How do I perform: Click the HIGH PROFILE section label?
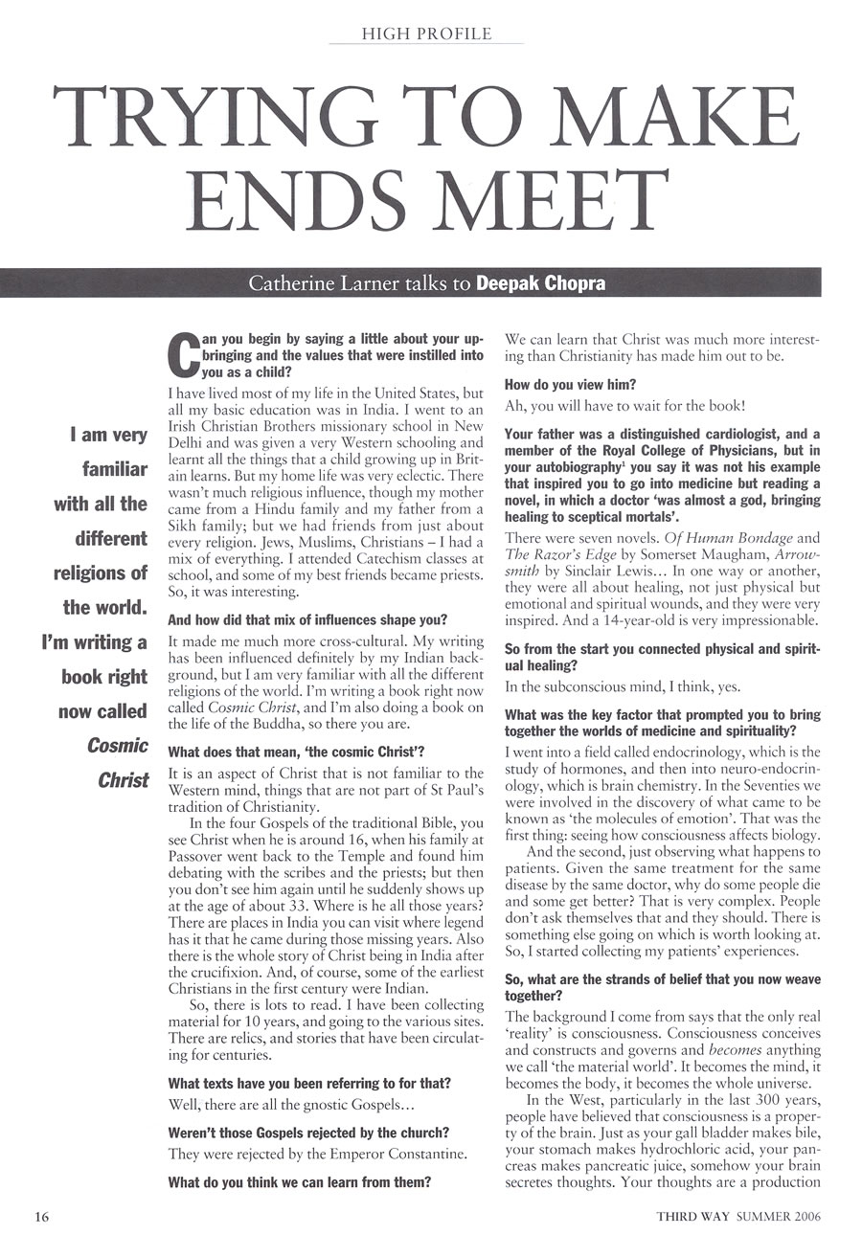coord(426,34)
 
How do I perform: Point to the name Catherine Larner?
coord(313,284)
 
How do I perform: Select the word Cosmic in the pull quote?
coord(118,746)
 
